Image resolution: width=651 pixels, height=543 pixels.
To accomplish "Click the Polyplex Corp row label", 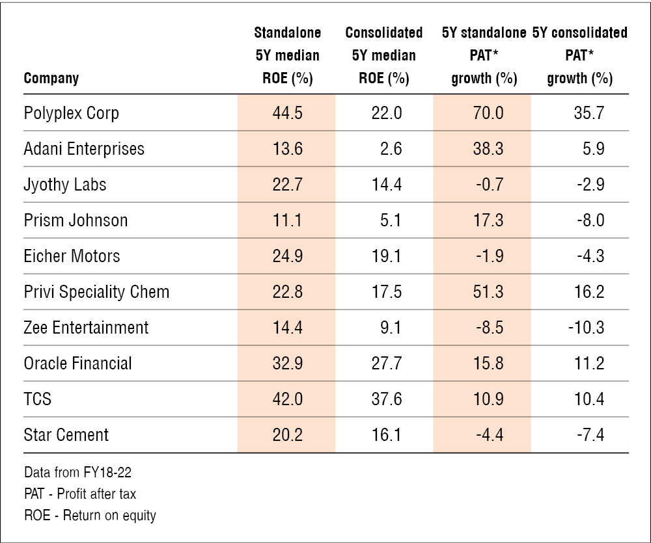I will (x=71, y=113).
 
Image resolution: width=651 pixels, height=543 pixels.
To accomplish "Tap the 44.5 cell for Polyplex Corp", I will (x=286, y=113).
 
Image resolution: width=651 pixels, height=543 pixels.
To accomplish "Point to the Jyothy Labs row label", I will (x=65, y=185).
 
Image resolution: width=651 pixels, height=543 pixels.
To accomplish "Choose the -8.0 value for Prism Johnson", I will (x=590, y=220).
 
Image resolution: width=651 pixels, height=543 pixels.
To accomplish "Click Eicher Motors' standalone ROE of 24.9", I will (x=286, y=256).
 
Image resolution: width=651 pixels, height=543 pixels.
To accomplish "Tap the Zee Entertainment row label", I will (x=86, y=328).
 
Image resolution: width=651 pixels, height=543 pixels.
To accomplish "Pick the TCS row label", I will (x=38, y=399).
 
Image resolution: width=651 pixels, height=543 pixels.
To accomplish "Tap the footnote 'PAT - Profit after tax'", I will (x=80, y=494).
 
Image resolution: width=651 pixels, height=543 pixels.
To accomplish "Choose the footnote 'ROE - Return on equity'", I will (x=90, y=516).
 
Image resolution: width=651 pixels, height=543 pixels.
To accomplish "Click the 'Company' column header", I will (x=51, y=79).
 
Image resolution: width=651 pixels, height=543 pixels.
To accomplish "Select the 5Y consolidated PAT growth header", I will (x=579, y=56).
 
